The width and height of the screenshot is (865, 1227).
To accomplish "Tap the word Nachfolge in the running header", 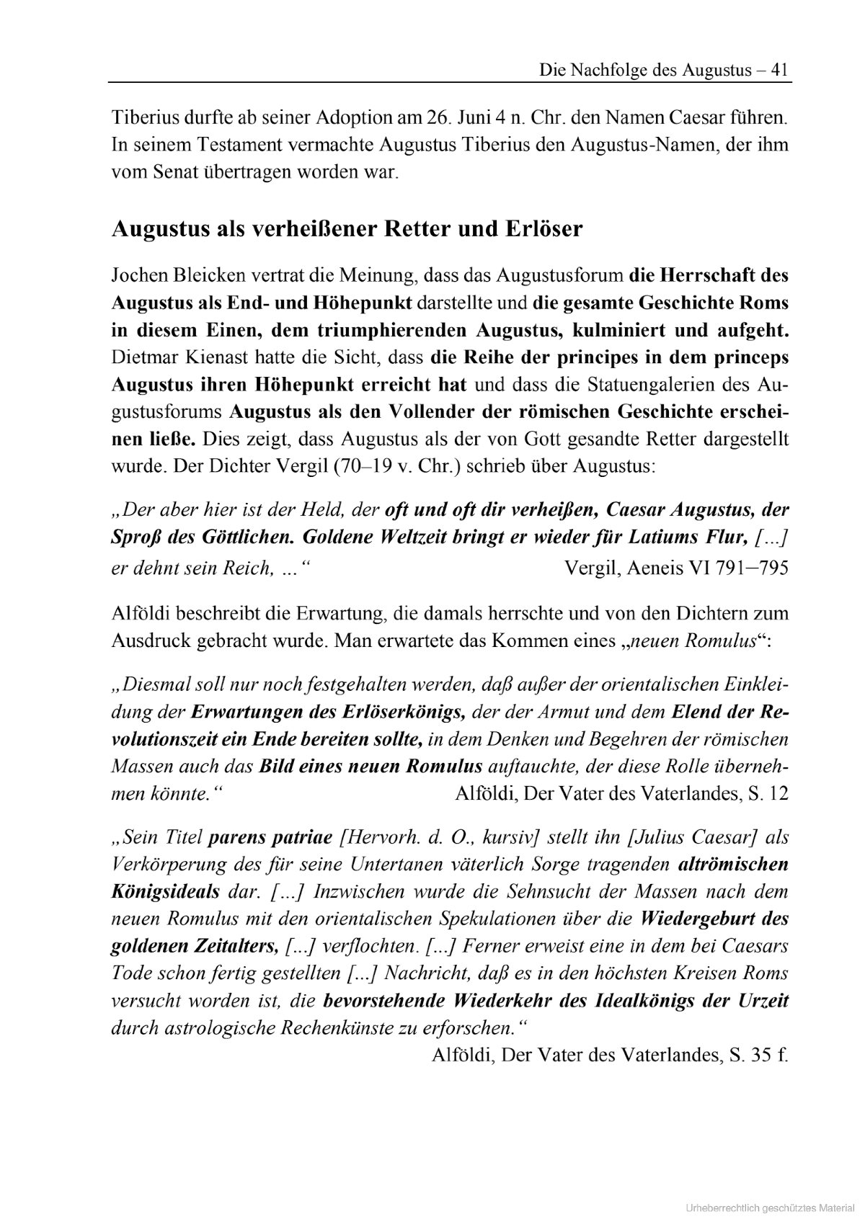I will (x=607, y=70).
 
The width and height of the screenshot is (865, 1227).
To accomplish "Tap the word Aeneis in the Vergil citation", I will (x=657, y=568).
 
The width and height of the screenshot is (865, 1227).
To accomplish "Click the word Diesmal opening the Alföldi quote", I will (x=157, y=684).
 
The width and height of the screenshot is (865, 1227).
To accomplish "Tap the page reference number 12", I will (x=778, y=793).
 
